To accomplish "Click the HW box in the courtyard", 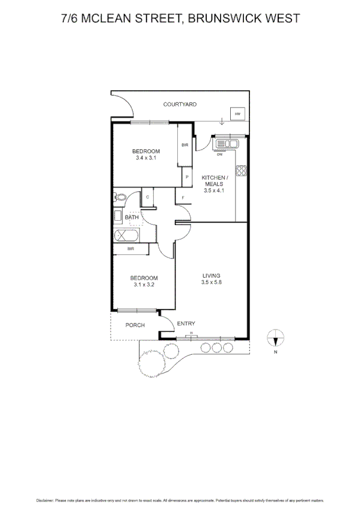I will pyautogui.click(x=237, y=114).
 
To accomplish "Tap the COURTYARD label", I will pyautogui.click(x=180, y=105).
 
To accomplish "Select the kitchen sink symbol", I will pyautogui.click(x=228, y=144).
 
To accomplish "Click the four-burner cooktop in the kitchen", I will pyautogui.click(x=242, y=170).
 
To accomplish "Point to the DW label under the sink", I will pyautogui.click(x=220, y=153).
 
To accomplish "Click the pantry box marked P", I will pyautogui.click(x=187, y=177).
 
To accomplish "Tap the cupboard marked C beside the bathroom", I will pyautogui.click(x=147, y=197).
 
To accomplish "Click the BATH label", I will pyautogui.click(x=132, y=217).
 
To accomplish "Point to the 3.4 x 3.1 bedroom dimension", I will pyautogui.click(x=147, y=158).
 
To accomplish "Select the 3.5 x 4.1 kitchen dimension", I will pyautogui.click(x=214, y=191).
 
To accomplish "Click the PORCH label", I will pyautogui.click(x=135, y=325).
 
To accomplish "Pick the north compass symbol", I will pyautogui.click(x=275, y=339).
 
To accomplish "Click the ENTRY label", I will pyautogui.click(x=186, y=324).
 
